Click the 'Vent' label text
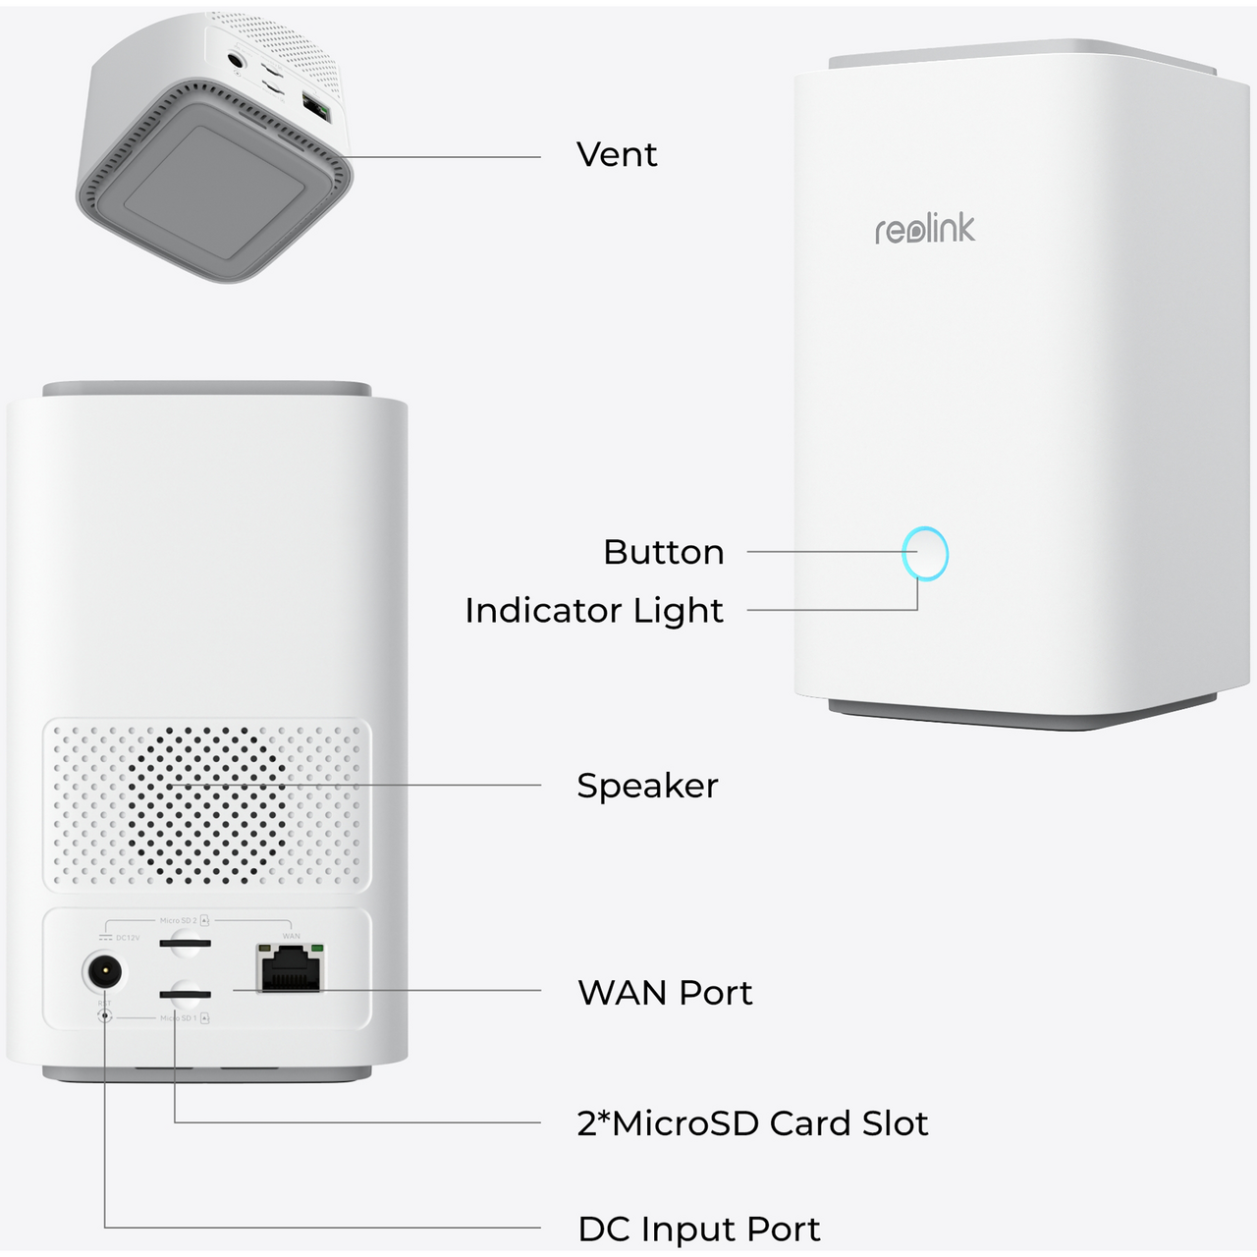[617, 155]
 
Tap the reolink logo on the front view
[925, 229]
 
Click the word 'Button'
[664, 552]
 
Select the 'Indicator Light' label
[594, 610]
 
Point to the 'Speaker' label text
[647, 786]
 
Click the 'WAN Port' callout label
[665, 993]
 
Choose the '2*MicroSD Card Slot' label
[752, 1123]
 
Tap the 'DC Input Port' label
[698, 1229]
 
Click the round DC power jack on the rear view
[103, 973]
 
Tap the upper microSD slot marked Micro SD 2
[185, 945]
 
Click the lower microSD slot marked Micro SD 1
[185, 994]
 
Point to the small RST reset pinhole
[105, 1016]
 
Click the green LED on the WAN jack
[316, 949]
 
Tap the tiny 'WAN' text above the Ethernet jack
[291, 936]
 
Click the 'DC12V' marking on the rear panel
[128, 938]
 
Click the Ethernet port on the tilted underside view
[315, 108]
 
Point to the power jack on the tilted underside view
[236, 59]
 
